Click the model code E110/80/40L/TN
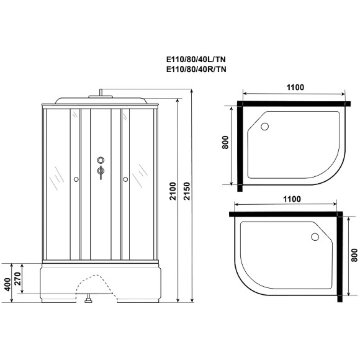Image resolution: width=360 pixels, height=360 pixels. pyautogui.click(x=196, y=59)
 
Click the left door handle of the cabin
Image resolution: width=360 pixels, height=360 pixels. pyautogui.click(x=76, y=180)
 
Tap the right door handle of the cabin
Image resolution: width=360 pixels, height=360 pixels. pyautogui.click(x=125, y=180)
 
